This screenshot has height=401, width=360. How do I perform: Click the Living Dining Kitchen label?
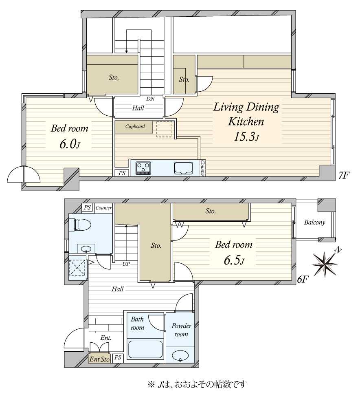[246, 114]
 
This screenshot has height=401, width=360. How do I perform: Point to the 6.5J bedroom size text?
[234, 260]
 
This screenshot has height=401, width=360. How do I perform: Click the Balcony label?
[314, 222]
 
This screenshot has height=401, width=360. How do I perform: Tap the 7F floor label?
[344, 175]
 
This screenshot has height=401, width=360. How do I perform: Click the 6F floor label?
[302, 280]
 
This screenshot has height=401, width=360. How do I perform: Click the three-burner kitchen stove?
[143, 168]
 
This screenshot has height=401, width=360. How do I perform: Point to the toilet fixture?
[80, 225]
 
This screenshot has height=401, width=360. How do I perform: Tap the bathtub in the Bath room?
[145, 349]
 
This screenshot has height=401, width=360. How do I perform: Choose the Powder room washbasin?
[180, 356]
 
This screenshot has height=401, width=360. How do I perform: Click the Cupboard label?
[135, 126]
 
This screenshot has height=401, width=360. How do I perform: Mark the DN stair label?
[151, 99]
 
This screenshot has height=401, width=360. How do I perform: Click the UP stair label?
[126, 264]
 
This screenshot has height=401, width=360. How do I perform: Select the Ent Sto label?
[99, 359]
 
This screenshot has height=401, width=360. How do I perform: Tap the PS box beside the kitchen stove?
[122, 173]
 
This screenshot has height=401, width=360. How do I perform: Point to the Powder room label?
[181, 330]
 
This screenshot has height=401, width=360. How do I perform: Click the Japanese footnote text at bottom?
[197, 384]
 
